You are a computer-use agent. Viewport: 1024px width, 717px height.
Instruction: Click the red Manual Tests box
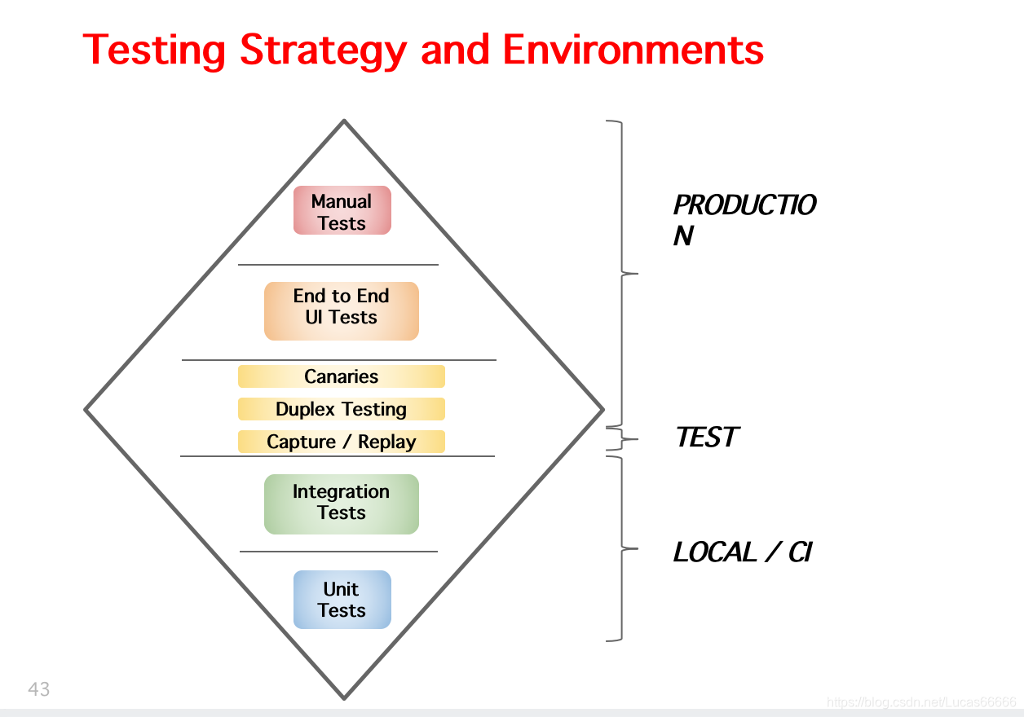[342, 211]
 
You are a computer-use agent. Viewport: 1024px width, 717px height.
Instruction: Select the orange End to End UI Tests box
[342, 310]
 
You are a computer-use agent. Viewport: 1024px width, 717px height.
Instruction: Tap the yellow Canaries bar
[342, 376]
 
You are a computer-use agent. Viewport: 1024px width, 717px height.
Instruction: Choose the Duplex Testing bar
[342, 409]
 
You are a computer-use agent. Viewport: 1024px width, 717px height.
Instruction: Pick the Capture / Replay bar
[342, 442]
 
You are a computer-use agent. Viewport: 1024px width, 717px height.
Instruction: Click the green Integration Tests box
[342, 504]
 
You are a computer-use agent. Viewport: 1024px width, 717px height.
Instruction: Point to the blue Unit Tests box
[342, 600]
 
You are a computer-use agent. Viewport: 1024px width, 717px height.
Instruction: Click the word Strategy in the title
[322, 51]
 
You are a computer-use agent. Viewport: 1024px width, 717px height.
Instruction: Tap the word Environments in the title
[633, 51]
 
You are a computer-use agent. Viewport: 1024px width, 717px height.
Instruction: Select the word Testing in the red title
[154, 51]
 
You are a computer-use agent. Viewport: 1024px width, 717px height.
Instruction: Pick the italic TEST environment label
[706, 438]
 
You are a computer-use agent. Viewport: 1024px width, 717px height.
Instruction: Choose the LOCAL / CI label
[742, 552]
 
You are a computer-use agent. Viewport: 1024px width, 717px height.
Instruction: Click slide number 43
[39, 689]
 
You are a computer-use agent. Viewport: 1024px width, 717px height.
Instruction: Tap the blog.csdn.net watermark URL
[921, 702]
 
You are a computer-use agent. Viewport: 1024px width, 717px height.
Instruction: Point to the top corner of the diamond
[344, 121]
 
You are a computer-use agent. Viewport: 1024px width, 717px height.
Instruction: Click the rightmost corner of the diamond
[602, 409]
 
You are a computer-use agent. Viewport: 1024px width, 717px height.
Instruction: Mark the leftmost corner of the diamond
[86, 409]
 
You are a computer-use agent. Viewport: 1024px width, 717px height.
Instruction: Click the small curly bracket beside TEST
[623, 439]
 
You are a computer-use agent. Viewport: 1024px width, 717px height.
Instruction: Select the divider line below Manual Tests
[338, 265]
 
